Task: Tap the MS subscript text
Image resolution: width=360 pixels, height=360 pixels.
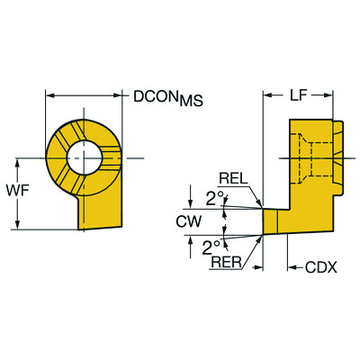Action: pos(189,102)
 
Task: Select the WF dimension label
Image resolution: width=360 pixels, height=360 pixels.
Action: pos(27,191)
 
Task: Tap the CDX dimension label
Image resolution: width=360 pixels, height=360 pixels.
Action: pos(319,267)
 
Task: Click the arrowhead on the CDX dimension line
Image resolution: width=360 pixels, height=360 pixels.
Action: pos(290,266)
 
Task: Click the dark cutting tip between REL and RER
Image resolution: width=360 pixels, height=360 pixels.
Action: pos(270,221)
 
